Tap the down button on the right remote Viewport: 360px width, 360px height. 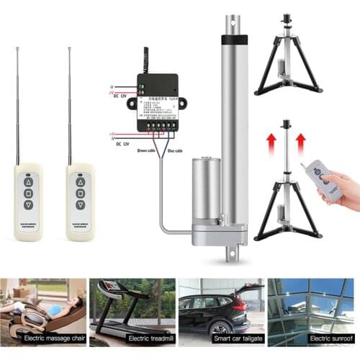(x=81, y=204)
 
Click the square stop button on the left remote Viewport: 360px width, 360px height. (x=29, y=194)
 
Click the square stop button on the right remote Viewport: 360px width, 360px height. (x=81, y=194)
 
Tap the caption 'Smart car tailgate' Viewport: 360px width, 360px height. (x=220, y=338)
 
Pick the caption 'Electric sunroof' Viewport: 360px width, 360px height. (x=312, y=338)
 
